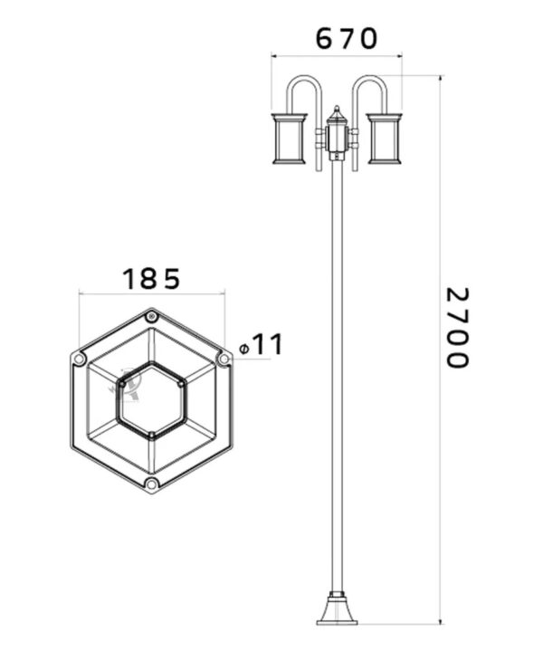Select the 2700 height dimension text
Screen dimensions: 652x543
pos(459,328)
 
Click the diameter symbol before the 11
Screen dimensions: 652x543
pos(244,349)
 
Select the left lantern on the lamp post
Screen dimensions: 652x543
pos(290,138)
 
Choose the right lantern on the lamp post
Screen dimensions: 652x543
pos(384,138)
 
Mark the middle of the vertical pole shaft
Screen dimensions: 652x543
pos(337,380)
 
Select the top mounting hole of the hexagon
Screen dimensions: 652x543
pos(151,317)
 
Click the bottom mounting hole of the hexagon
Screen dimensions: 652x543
pos(151,485)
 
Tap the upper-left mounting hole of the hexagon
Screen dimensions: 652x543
pos(80,360)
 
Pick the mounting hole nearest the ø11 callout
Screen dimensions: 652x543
pos(223,360)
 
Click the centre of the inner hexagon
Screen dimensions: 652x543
pos(151,401)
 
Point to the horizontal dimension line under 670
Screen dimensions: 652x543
pos(337,57)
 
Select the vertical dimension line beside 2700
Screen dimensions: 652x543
pos(440,362)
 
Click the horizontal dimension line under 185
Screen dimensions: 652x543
pos(151,293)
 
